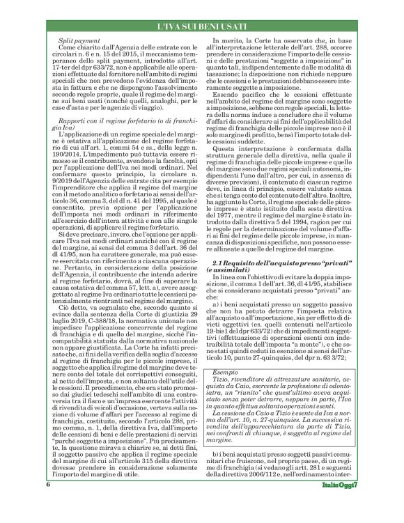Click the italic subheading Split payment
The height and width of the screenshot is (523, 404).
click(77, 42)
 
